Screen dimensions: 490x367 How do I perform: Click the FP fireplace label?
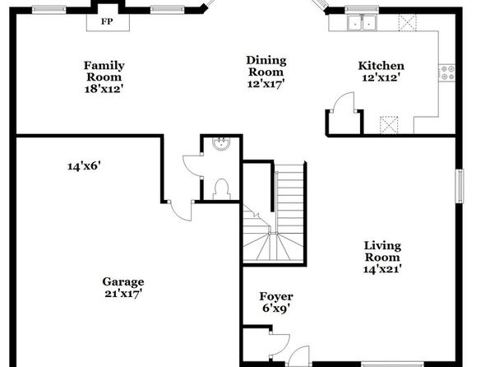[107, 22]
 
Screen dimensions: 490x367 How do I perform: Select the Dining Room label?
[266, 66]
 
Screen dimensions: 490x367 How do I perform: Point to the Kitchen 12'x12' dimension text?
[381, 77]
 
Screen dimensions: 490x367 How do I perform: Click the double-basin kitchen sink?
[363, 22]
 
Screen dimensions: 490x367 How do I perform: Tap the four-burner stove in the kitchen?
[447, 72]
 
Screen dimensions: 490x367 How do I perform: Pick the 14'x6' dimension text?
[84, 166]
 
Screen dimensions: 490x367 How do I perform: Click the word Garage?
[123, 282]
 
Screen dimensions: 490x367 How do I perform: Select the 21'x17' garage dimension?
[123, 294]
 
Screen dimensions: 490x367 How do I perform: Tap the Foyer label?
[276, 296]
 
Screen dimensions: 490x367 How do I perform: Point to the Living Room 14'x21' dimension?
[382, 269]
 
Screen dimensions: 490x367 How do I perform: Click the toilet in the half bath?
[222, 189]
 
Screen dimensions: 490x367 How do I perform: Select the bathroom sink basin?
[221, 144]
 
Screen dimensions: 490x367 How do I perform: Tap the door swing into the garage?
[181, 211]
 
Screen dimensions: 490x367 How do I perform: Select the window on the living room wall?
[460, 186]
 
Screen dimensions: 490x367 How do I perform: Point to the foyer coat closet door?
[280, 344]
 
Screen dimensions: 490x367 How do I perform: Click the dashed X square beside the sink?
[408, 22]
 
